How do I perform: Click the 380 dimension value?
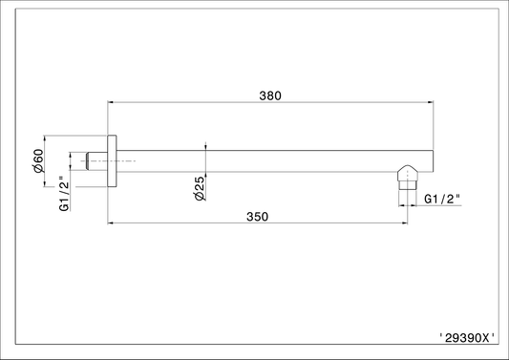(270, 95)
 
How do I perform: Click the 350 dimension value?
(258, 217)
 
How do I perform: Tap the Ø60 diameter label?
(38, 160)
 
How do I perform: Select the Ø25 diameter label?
(200, 189)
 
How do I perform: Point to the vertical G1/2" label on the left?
(64, 194)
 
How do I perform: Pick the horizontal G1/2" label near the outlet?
(442, 199)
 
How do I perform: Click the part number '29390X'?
(467, 338)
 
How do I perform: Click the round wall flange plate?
(112, 161)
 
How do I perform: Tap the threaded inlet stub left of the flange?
(96, 161)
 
